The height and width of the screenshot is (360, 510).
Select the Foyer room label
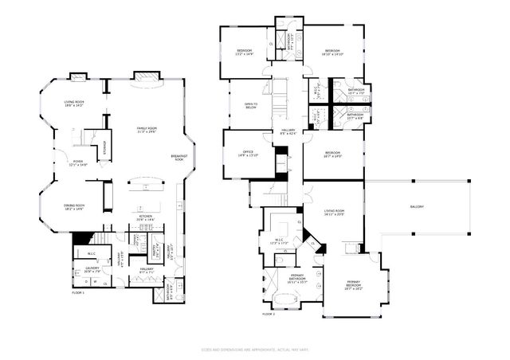(78, 163)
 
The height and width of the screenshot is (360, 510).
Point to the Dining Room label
(74, 208)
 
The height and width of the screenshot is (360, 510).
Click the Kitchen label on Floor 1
(146, 217)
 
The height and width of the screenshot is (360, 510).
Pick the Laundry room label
(92, 270)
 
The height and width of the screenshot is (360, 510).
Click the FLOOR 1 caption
(78, 294)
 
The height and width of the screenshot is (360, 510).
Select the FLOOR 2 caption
(269, 314)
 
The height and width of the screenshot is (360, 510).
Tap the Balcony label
(417, 207)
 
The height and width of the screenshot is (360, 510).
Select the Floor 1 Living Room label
(73, 104)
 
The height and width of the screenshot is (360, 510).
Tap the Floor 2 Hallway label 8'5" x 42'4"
(288, 133)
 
